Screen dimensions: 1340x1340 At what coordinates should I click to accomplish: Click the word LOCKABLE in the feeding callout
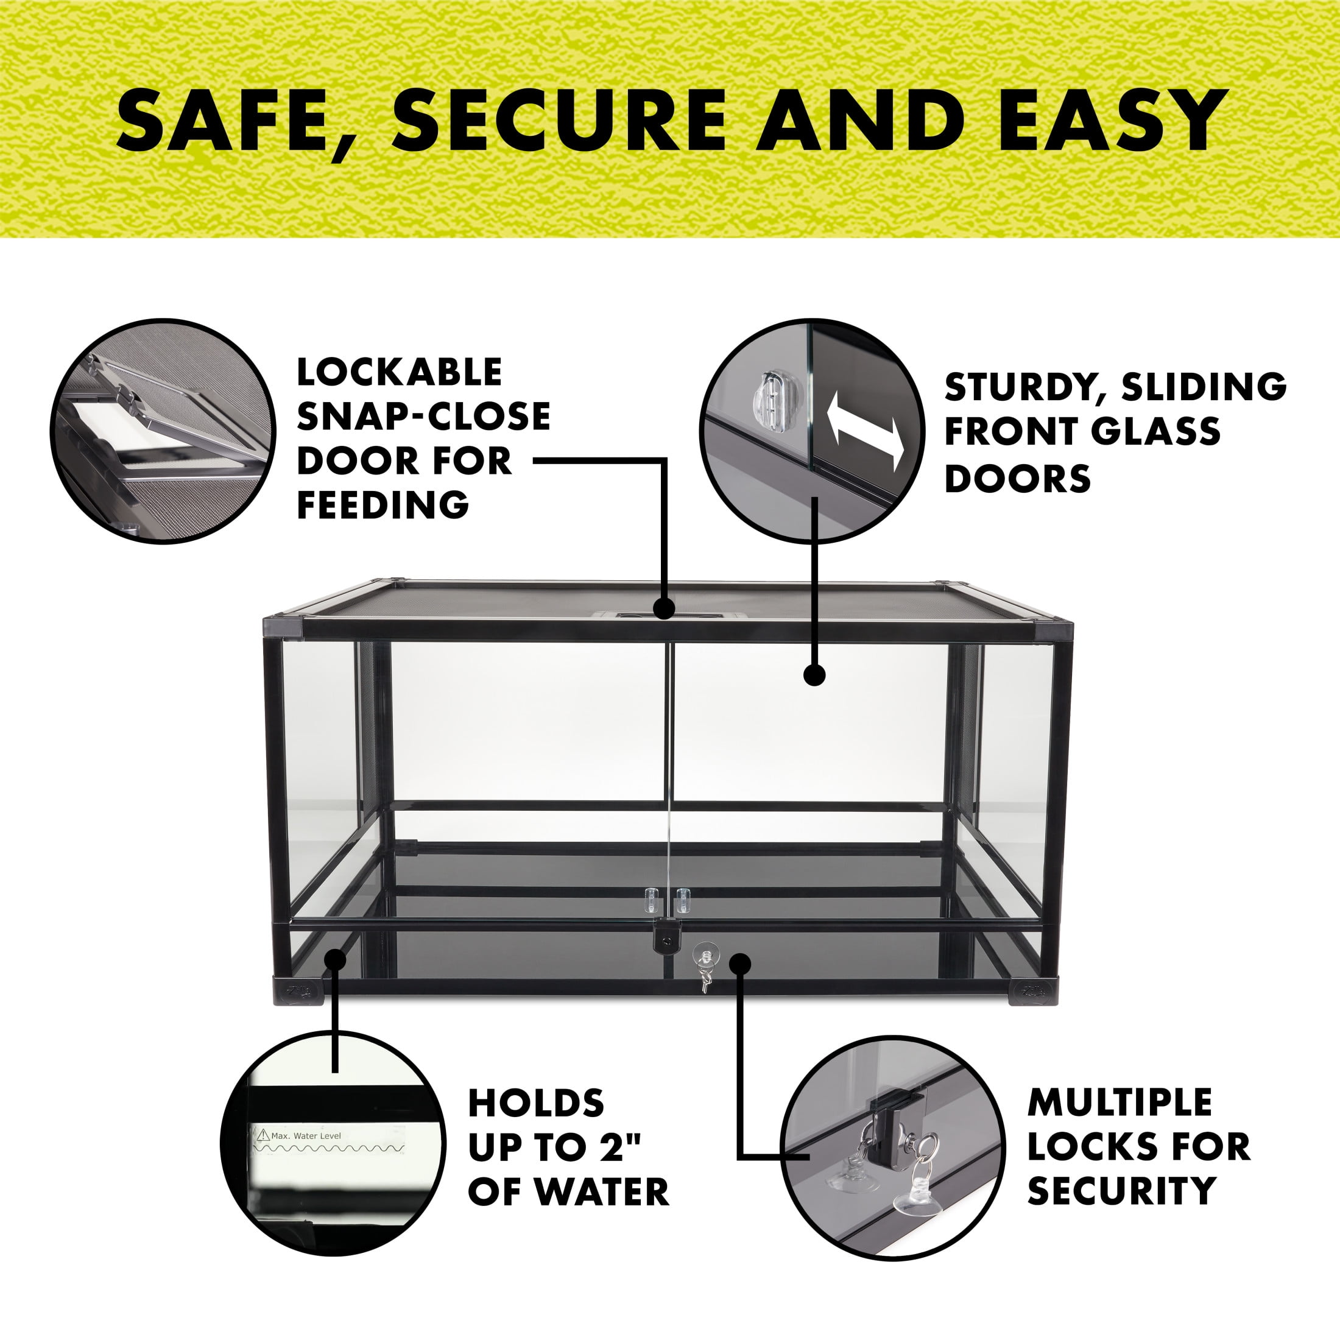pos(399,373)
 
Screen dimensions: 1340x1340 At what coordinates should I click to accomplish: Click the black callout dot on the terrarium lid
pos(665,609)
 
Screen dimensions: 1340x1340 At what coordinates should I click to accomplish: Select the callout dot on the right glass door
pos(815,675)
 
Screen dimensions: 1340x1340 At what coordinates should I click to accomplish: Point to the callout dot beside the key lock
pos(741,964)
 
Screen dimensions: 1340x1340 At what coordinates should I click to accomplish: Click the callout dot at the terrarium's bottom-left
pos(336,961)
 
